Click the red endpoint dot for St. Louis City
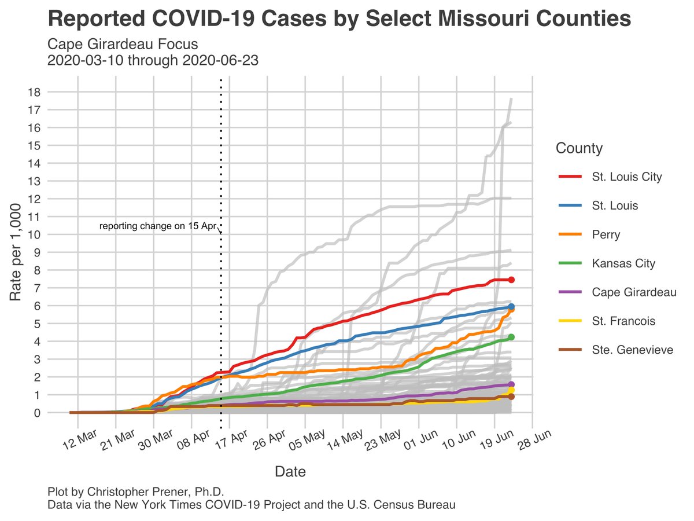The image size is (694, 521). [x=511, y=280]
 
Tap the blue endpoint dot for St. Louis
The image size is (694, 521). [x=511, y=307]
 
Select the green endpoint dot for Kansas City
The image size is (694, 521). [x=511, y=337]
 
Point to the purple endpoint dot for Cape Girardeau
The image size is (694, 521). [x=511, y=384]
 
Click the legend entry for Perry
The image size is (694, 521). [x=606, y=234]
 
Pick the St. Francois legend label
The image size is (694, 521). [x=623, y=321]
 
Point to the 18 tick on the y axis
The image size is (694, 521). [x=34, y=91]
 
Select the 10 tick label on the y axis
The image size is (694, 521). [x=34, y=234]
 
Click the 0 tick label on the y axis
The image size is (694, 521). [x=36, y=413]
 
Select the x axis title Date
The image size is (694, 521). [x=290, y=471]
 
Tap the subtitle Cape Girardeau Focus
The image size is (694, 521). [x=123, y=45]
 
